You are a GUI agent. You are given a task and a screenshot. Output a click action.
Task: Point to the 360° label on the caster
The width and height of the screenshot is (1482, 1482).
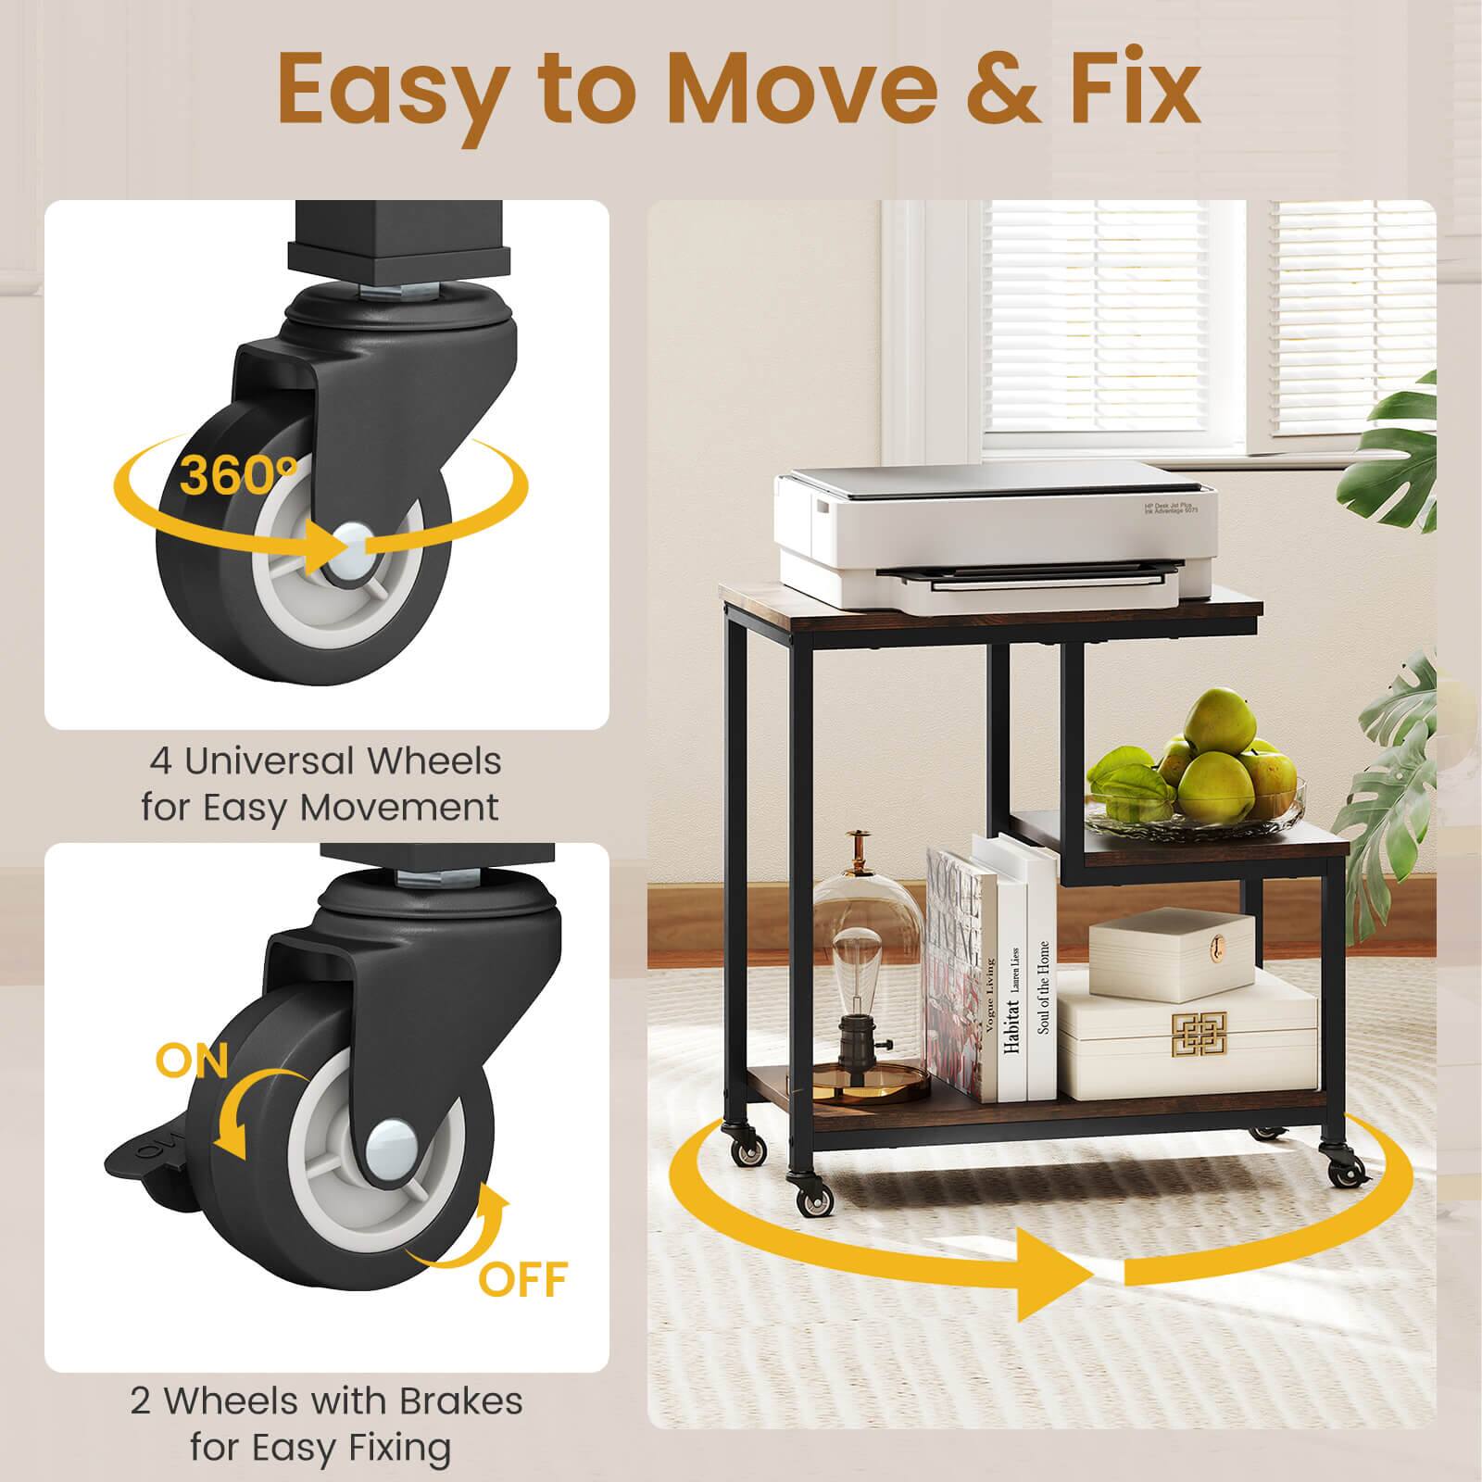click(236, 473)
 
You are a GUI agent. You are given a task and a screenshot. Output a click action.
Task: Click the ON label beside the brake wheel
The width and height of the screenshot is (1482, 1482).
click(193, 1060)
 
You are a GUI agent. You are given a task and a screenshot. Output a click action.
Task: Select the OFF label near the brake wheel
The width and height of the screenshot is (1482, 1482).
click(522, 1279)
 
